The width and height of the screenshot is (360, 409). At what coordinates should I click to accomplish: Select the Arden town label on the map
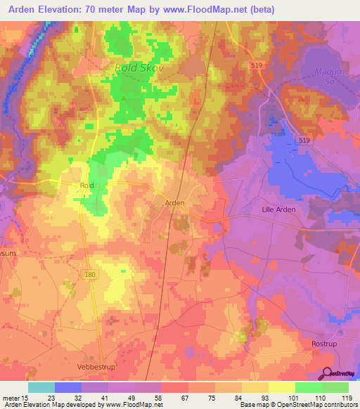[x=174, y=202]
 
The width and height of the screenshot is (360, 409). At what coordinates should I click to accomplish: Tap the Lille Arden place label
[x=279, y=209]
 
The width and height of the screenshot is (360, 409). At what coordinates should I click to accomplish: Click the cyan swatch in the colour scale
[x=41, y=387]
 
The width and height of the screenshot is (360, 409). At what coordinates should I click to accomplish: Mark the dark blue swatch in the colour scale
[x=68, y=387]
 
